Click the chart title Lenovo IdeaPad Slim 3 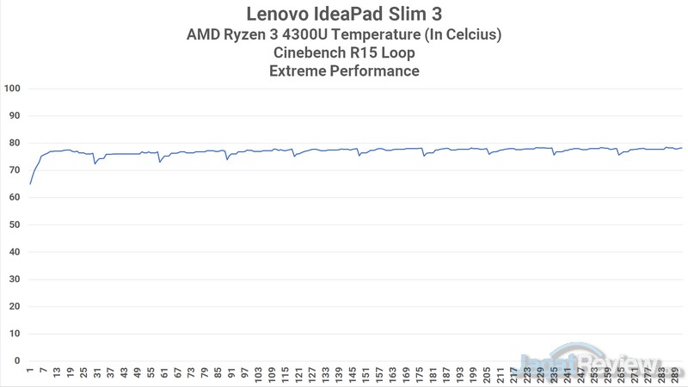pyautogui.click(x=344, y=14)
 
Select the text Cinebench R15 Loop pyautogui.click(x=344, y=52)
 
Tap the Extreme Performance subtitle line pyautogui.click(x=344, y=71)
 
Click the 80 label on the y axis pyautogui.click(x=14, y=143)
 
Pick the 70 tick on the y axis pyautogui.click(x=14, y=170)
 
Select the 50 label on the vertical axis pyautogui.click(x=14, y=224)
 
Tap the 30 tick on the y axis pyautogui.click(x=14, y=279)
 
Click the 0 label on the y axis pyautogui.click(x=16, y=360)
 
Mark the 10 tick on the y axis pyautogui.click(x=14, y=333)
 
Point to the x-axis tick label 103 pyautogui.click(x=260, y=375)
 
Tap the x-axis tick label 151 pyautogui.click(x=368, y=375)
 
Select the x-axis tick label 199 pyautogui.click(x=476, y=375)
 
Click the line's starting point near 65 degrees pyautogui.click(x=30, y=184)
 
